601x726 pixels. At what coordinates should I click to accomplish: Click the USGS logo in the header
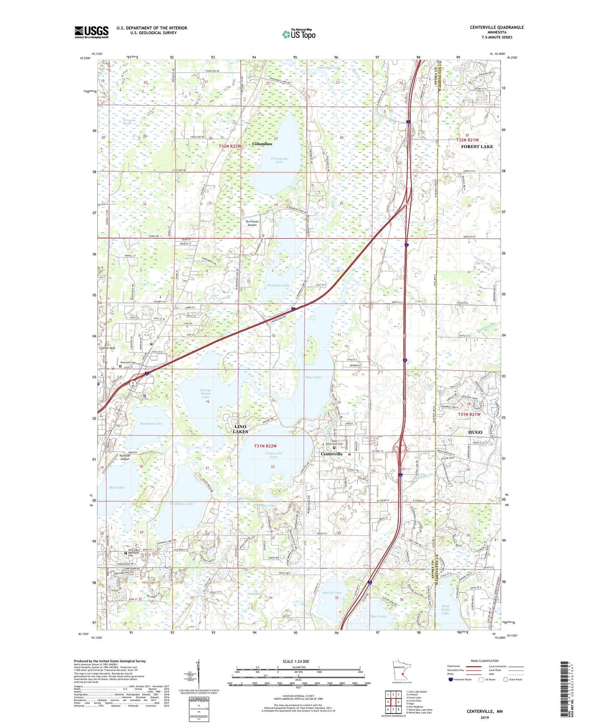(92, 32)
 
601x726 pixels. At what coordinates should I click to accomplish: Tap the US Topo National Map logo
(299, 34)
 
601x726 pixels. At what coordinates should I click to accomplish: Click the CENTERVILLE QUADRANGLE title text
(497, 27)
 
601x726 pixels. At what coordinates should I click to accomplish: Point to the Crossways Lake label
(279, 160)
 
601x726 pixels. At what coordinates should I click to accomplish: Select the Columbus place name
(262, 144)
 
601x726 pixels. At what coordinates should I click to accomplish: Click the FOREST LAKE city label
(477, 146)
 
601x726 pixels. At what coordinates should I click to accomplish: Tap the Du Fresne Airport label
(252, 223)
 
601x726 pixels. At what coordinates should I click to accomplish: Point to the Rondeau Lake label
(279, 285)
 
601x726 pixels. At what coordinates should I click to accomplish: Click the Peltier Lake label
(312, 377)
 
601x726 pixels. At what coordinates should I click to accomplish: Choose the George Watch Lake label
(205, 394)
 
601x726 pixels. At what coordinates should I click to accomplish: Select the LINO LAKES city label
(240, 429)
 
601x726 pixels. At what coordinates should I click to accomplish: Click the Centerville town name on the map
(331, 454)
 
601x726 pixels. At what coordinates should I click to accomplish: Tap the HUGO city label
(475, 432)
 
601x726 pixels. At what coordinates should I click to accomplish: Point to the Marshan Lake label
(151, 423)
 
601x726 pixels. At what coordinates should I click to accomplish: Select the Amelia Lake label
(331, 593)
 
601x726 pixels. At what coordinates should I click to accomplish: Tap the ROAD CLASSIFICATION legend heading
(485, 661)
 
